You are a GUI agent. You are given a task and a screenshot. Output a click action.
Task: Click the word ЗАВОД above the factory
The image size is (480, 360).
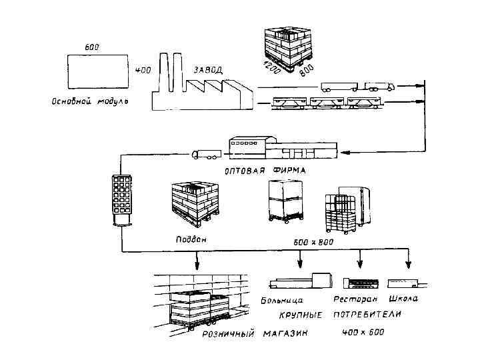209,69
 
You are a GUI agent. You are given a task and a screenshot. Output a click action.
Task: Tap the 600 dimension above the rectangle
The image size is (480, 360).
93,47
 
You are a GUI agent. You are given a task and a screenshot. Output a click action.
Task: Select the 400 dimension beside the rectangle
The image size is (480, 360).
143,70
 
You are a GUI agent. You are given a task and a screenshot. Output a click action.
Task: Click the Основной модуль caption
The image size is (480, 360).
89,103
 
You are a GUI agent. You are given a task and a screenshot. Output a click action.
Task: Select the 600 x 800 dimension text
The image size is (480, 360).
313,242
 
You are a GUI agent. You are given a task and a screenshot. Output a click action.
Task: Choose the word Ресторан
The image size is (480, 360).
355,299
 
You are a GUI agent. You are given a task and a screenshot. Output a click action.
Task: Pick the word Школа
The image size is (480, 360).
403,299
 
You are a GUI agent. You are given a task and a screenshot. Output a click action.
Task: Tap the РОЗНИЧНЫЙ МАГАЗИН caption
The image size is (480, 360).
255,335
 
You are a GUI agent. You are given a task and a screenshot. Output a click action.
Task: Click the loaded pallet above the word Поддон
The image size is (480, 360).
195,202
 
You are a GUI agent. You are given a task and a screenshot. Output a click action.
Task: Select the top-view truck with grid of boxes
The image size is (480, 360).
123,199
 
